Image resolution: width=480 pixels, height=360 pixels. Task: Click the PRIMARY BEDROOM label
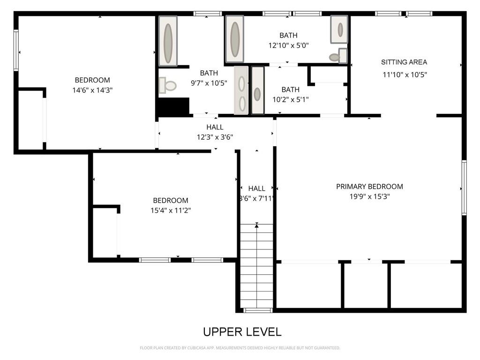369,187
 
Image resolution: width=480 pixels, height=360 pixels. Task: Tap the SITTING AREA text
404,62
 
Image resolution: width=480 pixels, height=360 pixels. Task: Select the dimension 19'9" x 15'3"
369,197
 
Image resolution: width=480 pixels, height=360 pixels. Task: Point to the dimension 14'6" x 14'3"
92,90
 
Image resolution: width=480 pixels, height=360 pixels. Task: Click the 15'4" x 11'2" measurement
170,210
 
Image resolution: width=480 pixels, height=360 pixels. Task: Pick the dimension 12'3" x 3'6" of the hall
215,137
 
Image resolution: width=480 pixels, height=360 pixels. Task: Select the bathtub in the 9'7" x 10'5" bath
168,41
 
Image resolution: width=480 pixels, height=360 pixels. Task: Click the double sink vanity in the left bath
241,90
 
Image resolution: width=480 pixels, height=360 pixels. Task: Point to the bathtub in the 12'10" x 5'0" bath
234,39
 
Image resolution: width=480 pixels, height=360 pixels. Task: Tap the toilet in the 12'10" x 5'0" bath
337,57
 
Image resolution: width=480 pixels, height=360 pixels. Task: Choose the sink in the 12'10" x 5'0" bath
339,30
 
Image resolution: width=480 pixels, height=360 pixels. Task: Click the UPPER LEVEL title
242,332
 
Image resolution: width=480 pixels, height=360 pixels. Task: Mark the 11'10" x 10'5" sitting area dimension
404,74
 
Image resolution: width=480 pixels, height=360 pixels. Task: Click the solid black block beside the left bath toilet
172,106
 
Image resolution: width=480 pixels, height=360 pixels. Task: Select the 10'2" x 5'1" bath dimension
290,99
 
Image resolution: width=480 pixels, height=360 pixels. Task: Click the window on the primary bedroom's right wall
464,187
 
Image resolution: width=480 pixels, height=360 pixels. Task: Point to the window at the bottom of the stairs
257,310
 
